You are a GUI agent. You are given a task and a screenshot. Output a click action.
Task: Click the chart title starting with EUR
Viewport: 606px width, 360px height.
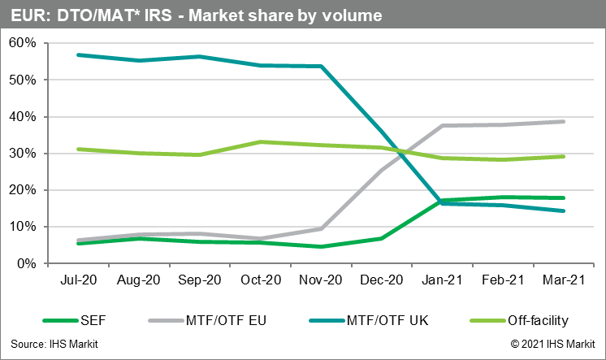[x=195, y=15]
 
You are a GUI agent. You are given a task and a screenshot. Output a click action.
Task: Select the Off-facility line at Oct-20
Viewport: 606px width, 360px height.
[x=259, y=141]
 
